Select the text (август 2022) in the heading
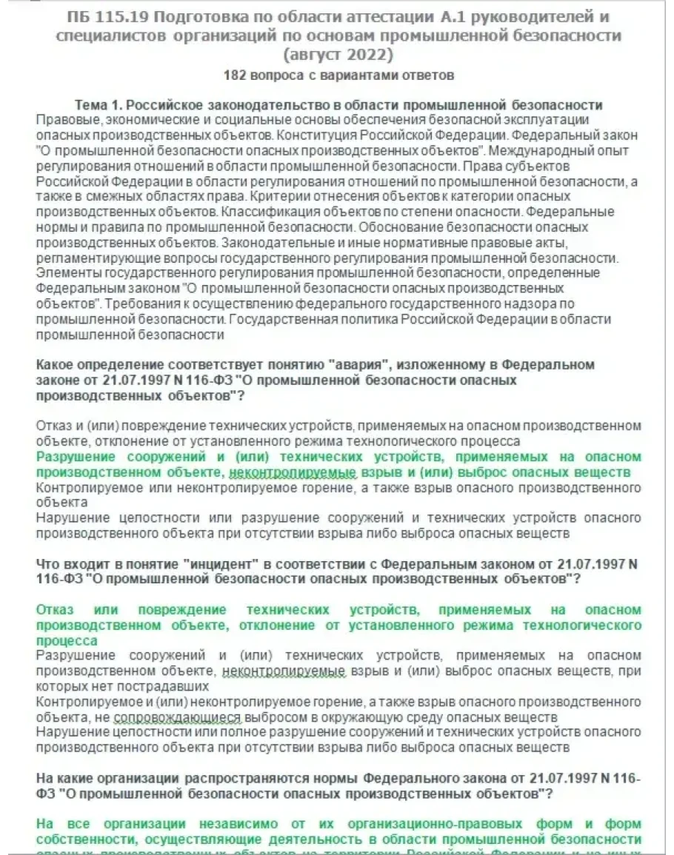pyautogui.click(x=337, y=54)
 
